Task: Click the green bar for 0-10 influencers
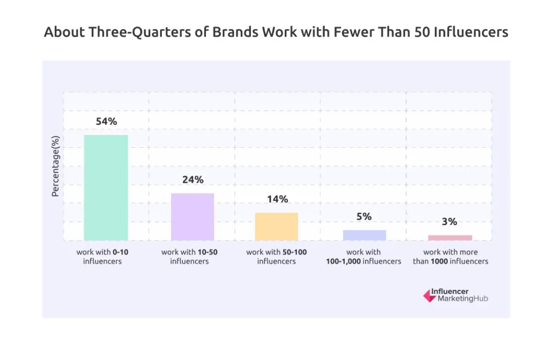pos(106,187)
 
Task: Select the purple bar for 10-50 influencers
pos(192,216)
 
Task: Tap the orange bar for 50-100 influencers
pos(277,226)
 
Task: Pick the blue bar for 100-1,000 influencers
pos(365,235)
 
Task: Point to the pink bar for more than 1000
pos(450,237)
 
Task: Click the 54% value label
pos(106,122)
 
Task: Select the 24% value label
pos(192,179)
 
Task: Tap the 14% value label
pos(277,199)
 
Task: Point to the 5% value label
pos(364,216)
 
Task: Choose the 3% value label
pos(450,221)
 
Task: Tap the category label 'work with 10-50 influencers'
pos(189,257)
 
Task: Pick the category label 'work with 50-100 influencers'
pos(276,257)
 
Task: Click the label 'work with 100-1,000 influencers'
pos(363,257)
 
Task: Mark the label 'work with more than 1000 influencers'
pos(450,257)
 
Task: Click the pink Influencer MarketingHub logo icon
pos(429,296)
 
